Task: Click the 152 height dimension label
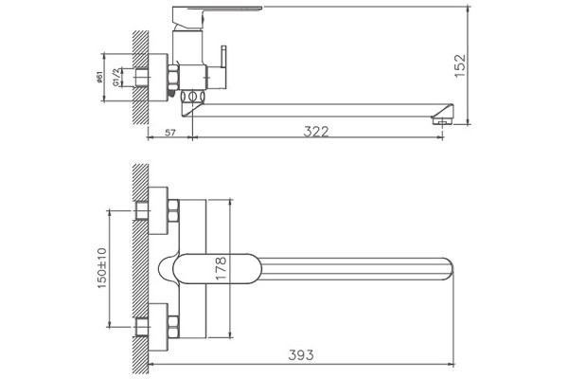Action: pyautogui.click(x=459, y=65)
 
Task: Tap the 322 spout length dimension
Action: pyautogui.click(x=316, y=132)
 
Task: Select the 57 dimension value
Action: pyautogui.click(x=170, y=133)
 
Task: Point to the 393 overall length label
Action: pyautogui.click(x=301, y=355)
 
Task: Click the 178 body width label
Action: pyautogui.click(x=221, y=267)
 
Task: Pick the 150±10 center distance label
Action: pyautogui.click(x=102, y=268)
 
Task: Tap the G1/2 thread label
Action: pyautogui.click(x=115, y=78)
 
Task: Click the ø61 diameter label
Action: pyautogui.click(x=100, y=78)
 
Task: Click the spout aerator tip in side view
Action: pyautogui.click(x=443, y=120)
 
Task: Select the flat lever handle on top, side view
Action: pyautogui.click(x=218, y=9)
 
